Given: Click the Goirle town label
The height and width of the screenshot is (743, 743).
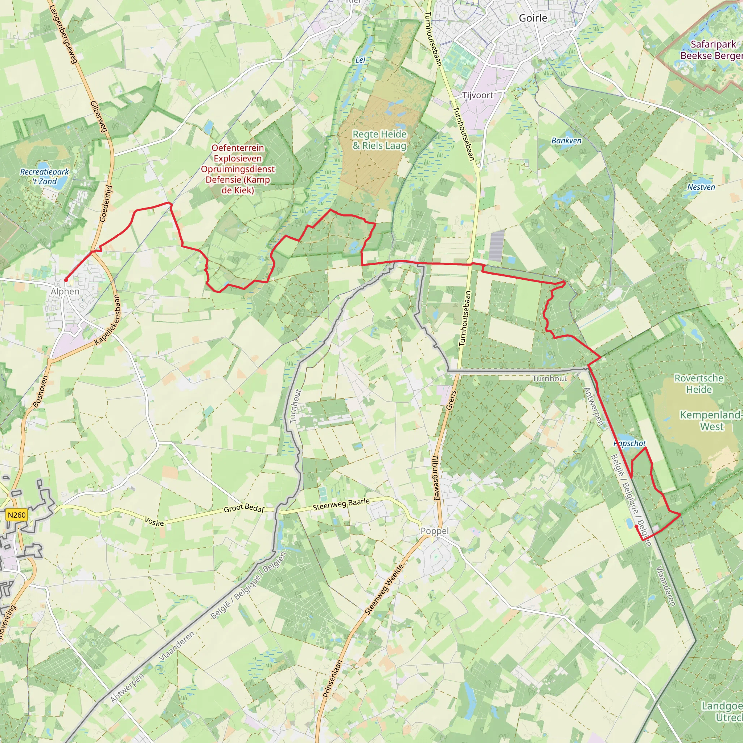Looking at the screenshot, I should click(533, 18).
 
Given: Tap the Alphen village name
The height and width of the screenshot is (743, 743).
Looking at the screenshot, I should click(65, 292).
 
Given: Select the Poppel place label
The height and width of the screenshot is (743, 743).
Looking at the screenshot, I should click(435, 531).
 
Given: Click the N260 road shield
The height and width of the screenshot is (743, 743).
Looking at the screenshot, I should click(17, 515).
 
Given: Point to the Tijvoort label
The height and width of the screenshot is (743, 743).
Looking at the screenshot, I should click(477, 95).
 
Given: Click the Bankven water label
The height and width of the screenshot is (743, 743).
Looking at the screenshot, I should click(566, 141).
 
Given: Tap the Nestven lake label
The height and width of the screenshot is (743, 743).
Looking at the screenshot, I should click(701, 187).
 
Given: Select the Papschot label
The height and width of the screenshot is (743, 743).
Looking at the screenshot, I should click(629, 443).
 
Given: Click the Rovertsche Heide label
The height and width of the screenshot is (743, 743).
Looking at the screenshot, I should click(699, 384).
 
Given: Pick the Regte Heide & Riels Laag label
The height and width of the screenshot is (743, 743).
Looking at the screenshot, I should click(379, 140).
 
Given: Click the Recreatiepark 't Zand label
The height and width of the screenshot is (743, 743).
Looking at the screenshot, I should click(44, 177).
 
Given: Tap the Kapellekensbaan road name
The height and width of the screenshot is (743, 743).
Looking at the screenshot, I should click(107, 320).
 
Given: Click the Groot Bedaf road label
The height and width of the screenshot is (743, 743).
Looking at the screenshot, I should click(244, 508).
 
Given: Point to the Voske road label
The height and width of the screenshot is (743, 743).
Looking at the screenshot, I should click(154, 521).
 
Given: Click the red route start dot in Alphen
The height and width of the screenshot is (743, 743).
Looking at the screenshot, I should click(66, 280).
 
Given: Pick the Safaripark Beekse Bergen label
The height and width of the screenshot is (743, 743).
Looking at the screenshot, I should click(712, 50).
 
